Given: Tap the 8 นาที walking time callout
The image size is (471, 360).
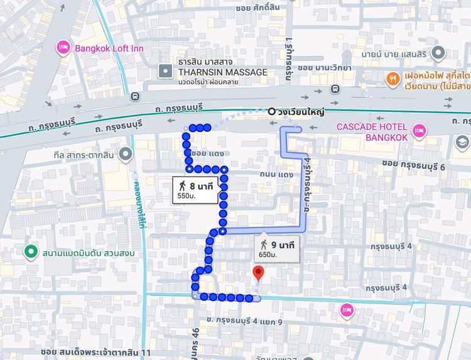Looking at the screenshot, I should (x=195, y=186).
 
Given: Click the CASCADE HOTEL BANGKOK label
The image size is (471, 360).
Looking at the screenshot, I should (x=372, y=131).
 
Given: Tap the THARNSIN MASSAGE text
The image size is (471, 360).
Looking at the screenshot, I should (x=223, y=72).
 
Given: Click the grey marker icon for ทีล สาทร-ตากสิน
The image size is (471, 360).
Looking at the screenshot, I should (x=126, y=153).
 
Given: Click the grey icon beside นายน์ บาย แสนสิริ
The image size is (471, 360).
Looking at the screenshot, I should (x=439, y=53).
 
